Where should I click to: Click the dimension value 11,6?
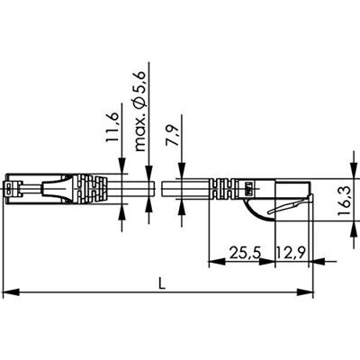tap(112, 130)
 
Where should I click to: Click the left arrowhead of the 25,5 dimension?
tap(213, 264)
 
